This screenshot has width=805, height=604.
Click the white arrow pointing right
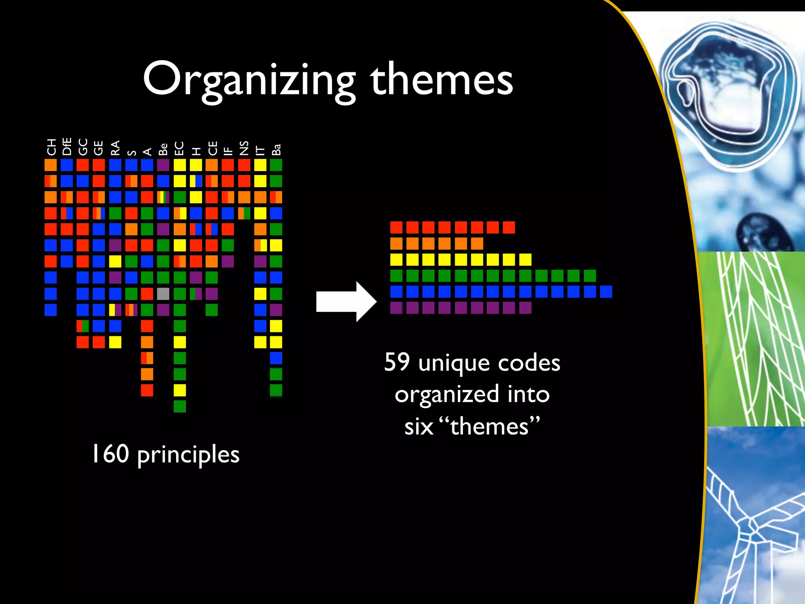tap(346, 302)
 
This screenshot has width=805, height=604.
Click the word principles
tap(188, 455)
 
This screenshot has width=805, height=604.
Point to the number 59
tap(397, 362)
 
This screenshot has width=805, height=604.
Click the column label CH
tap(51, 147)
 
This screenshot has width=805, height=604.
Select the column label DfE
tap(67, 146)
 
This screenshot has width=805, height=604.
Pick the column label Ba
tap(276, 149)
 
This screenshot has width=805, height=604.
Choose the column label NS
tap(244, 148)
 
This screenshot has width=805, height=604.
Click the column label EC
tap(179, 148)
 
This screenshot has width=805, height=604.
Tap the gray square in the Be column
tap(163, 294)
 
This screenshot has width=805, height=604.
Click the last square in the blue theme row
tap(606, 292)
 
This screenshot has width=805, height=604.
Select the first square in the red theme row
tap(396, 227)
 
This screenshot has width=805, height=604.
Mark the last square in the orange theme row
tap(477, 243)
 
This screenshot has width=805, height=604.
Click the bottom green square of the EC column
tap(180, 406)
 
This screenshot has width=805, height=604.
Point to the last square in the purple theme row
tap(525, 308)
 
